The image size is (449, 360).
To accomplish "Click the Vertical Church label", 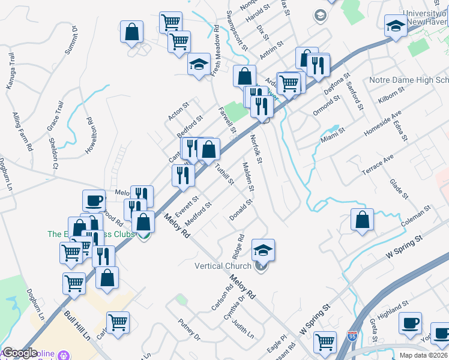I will pos(223,266).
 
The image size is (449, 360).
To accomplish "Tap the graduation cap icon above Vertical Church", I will pos(263,249).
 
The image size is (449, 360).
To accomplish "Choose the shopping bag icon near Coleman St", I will pos(362,220).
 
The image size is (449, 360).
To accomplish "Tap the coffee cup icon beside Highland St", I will pos(411,323).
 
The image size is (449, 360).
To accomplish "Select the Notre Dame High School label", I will pos(409,80).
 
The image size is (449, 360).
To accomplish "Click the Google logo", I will pos(19,353).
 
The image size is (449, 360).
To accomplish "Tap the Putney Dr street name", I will pos(188,329).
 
